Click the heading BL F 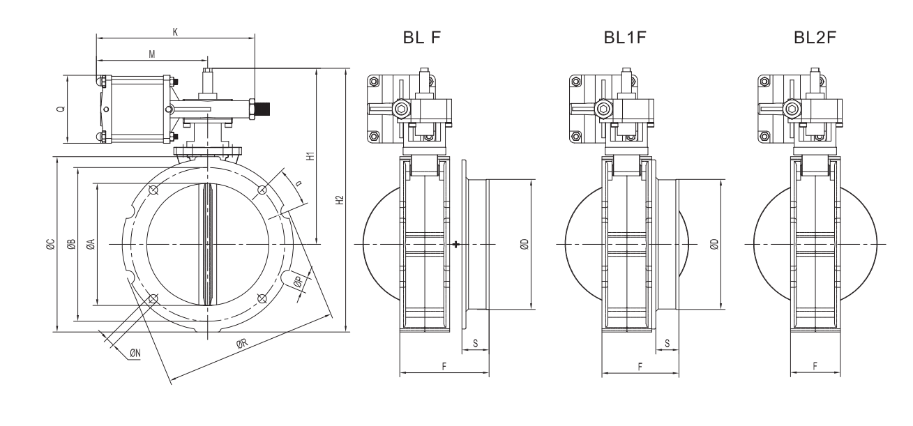[x=423, y=38]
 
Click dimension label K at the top [x=174, y=32]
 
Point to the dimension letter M [x=151, y=54]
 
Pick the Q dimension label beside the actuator [x=60, y=109]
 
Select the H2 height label [x=340, y=200]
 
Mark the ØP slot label [x=298, y=282]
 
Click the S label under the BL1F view [x=667, y=343]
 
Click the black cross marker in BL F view [x=455, y=244]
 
